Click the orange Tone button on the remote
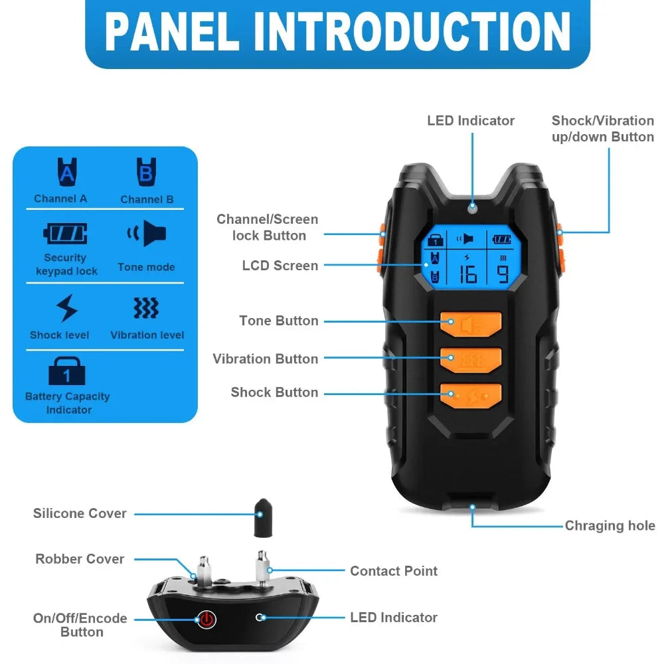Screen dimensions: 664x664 471,325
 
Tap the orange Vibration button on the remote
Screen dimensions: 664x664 471,360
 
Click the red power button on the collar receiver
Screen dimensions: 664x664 207,619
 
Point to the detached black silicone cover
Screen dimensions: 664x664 263,518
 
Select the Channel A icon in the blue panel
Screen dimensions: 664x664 67,172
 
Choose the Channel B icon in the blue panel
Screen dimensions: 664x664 146,172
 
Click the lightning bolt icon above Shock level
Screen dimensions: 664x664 66,308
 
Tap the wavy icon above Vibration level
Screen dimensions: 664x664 146,308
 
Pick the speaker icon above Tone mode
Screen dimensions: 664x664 147,233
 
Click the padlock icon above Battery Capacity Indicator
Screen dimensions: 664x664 67,371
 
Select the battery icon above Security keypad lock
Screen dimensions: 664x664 65,233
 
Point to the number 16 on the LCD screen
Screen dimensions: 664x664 468,274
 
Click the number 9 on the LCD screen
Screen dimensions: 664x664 503,274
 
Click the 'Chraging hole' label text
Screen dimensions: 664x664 610,525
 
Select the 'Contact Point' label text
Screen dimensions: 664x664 394,571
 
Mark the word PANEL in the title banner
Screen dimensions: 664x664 172,32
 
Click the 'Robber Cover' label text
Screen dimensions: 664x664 80,559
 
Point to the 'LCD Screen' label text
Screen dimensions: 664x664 280,266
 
